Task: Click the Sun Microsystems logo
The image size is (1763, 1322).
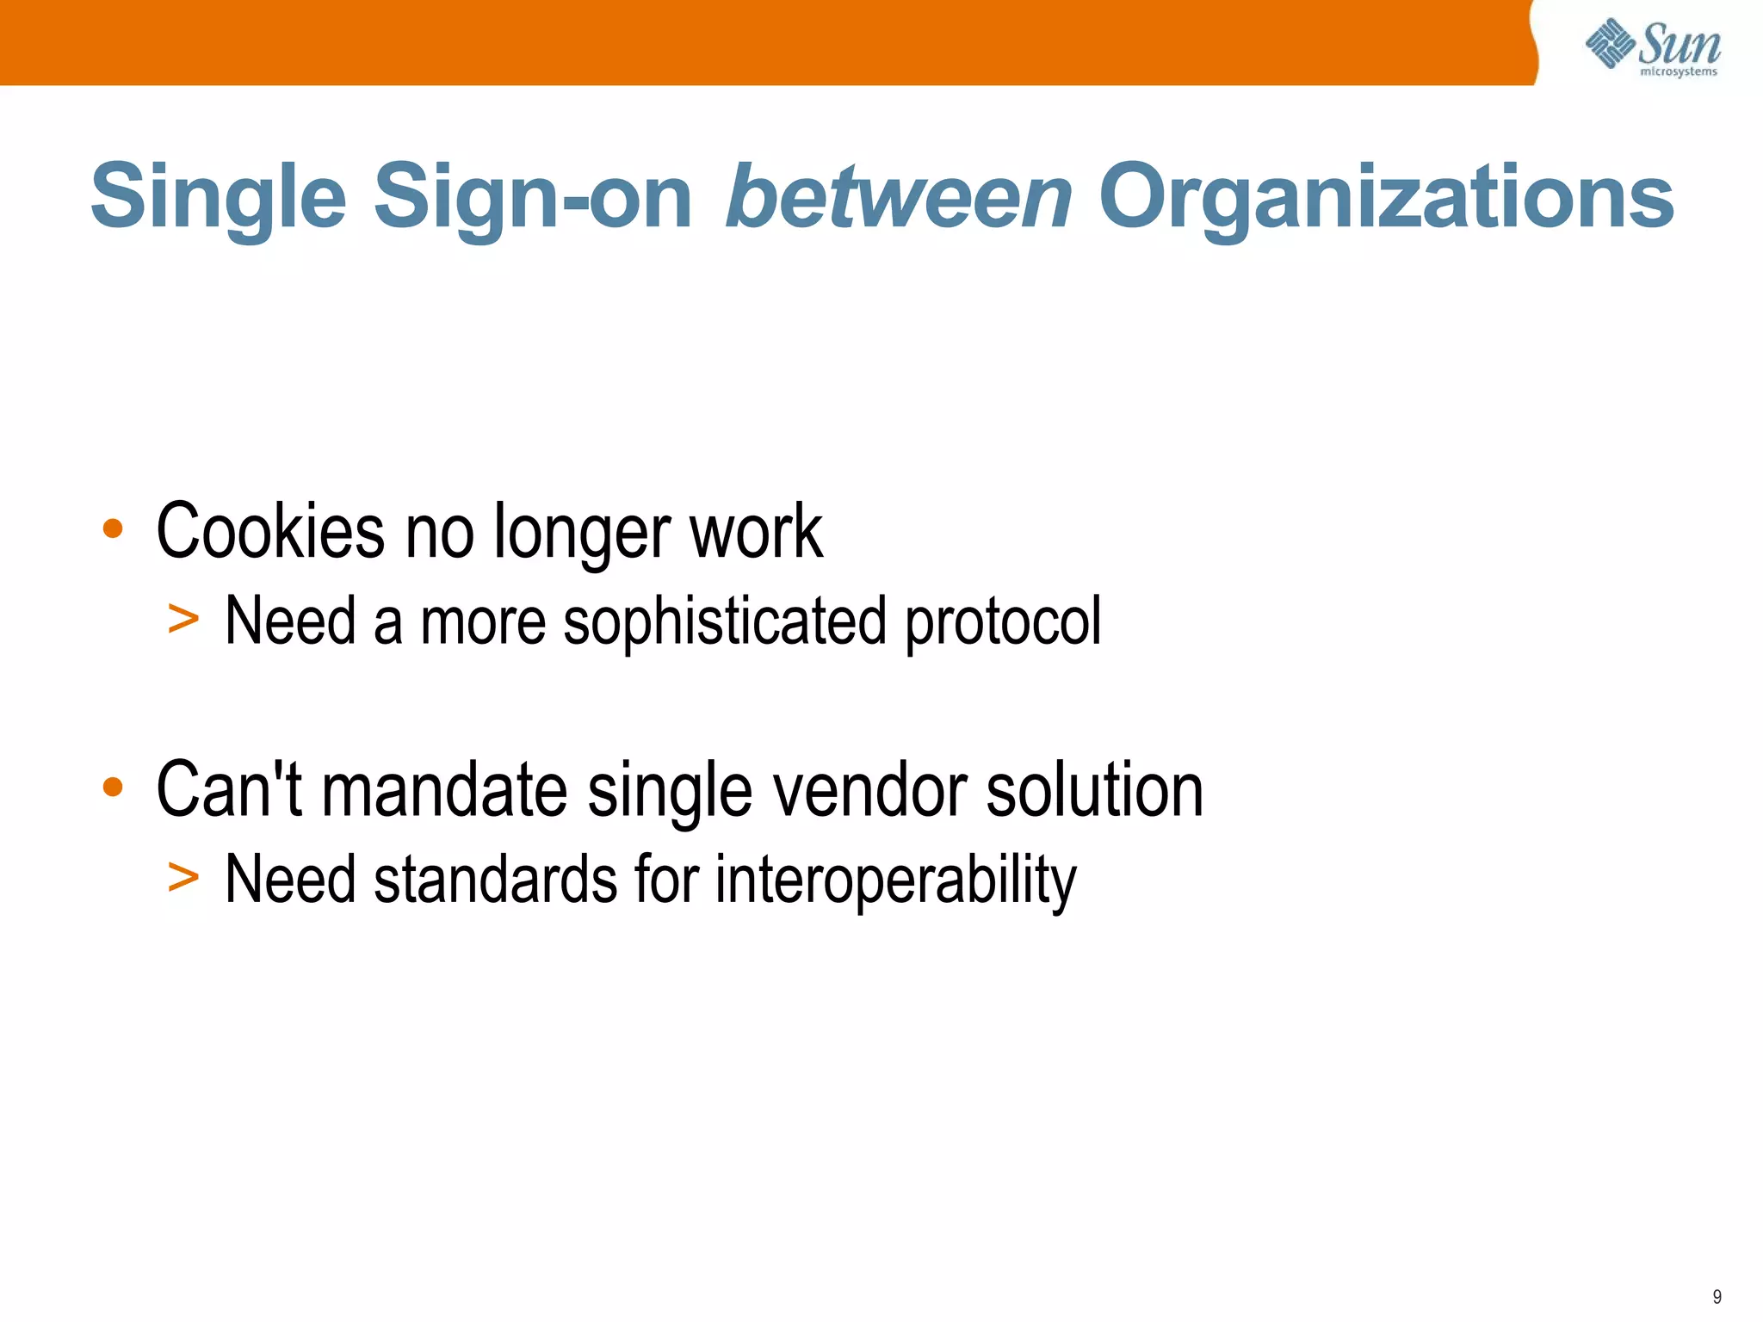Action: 1653,47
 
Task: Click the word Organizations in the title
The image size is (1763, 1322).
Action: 1386,198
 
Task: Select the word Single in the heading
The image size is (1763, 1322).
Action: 219,198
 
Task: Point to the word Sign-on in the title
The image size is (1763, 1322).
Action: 533,198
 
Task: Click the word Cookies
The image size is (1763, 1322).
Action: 270,531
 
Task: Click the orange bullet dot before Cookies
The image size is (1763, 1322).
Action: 113,528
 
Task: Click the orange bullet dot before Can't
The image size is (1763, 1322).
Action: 113,787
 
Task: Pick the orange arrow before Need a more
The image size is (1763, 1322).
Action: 183,619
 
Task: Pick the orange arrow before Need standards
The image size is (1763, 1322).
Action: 183,877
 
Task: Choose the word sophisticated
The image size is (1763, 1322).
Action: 724,621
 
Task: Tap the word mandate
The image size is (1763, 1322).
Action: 444,790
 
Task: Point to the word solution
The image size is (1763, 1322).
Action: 1094,790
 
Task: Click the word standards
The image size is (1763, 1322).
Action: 496,879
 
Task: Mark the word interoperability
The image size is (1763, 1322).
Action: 896,880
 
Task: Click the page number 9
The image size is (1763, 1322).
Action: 1717,1297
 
